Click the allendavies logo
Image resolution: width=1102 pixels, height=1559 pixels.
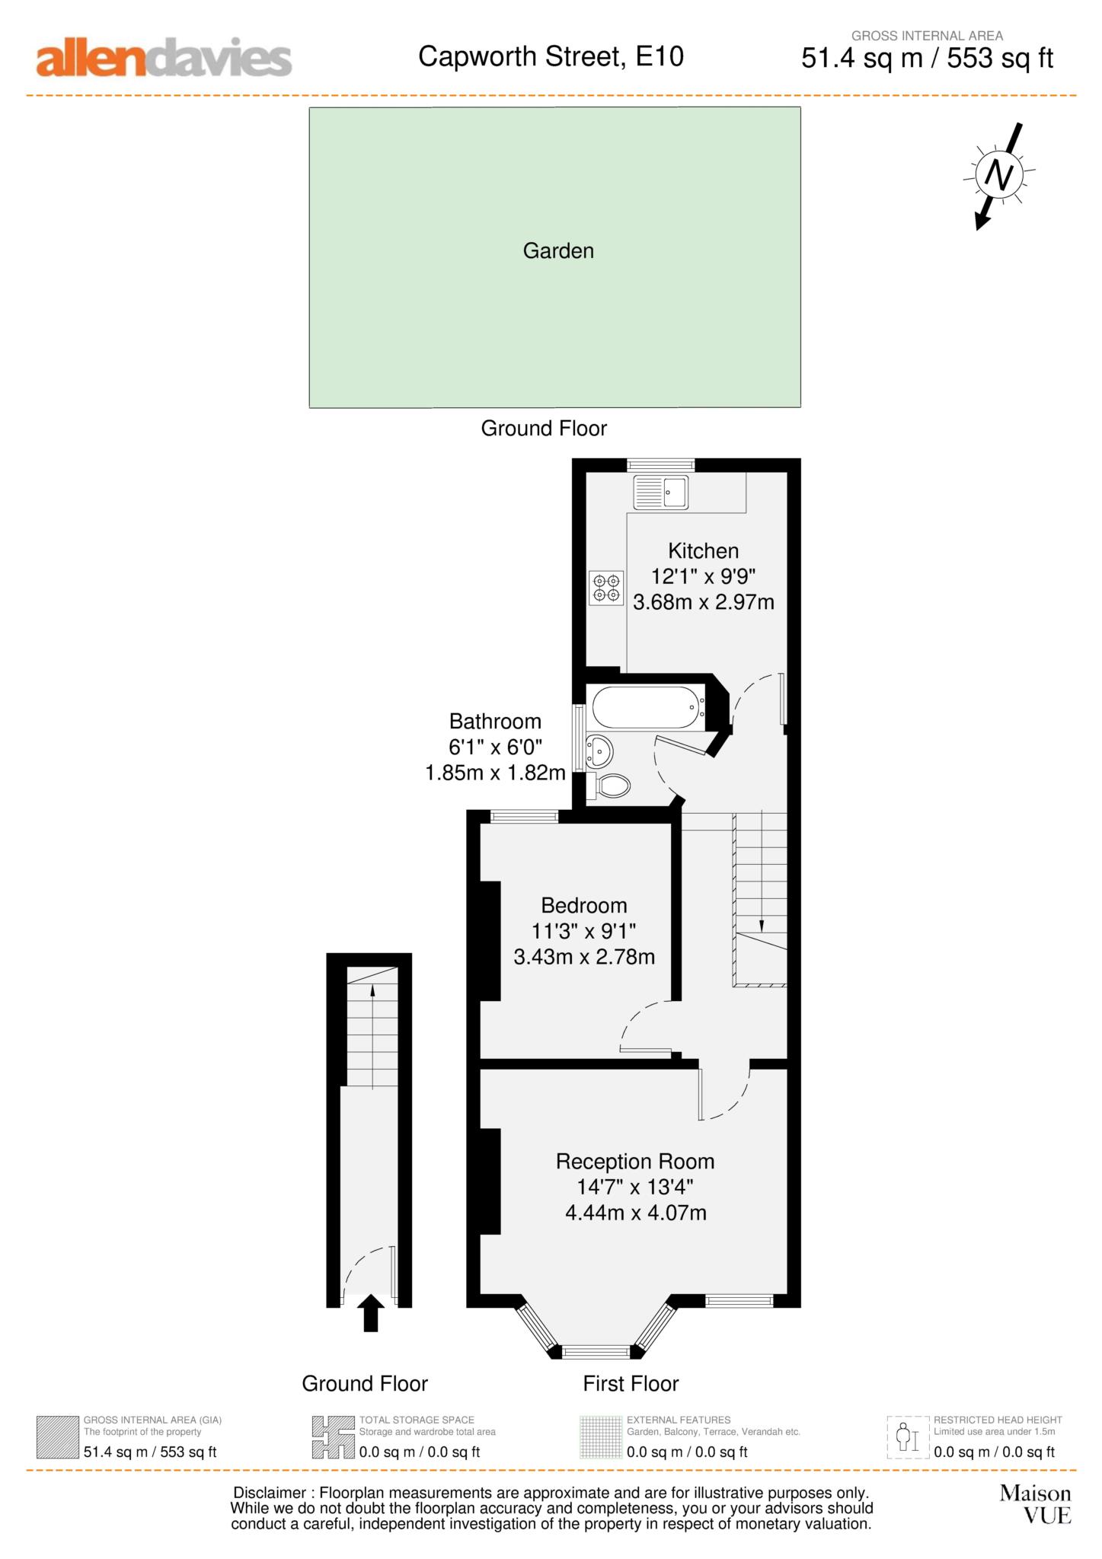pyautogui.click(x=164, y=58)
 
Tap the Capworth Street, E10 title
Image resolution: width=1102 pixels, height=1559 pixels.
pyautogui.click(x=551, y=56)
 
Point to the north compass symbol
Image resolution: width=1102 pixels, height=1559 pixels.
pyautogui.click(x=998, y=176)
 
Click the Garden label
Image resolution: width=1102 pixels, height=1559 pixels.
pyautogui.click(x=558, y=250)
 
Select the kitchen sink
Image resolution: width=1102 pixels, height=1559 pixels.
pyautogui.click(x=660, y=492)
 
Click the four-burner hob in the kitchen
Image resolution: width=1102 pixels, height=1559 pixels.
pyautogui.click(x=606, y=588)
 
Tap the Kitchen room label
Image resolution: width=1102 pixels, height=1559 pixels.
pyautogui.click(x=703, y=550)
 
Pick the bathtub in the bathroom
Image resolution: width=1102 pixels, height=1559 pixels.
pyautogui.click(x=647, y=708)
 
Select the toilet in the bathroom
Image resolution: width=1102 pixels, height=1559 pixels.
pyautogui.click(x=608, y=786)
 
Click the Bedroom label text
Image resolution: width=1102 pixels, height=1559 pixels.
pyautogui.click(x=584, y=905)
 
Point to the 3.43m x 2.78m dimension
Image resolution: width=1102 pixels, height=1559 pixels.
pyautogui.click(x=584, y=957)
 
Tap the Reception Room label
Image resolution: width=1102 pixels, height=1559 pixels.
pyautogui.click(x=635, y=1162)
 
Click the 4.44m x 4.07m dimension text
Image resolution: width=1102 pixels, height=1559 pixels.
pyautogui.click(x=636, y=1213)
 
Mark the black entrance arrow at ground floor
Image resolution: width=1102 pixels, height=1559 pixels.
pyautogui.click(x=371, y=1312)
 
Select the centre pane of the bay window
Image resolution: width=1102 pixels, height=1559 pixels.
pyautogui.click(x=596, y=1352)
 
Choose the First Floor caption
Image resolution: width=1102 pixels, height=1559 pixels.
pyautogui.click(x=631, y=1383)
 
